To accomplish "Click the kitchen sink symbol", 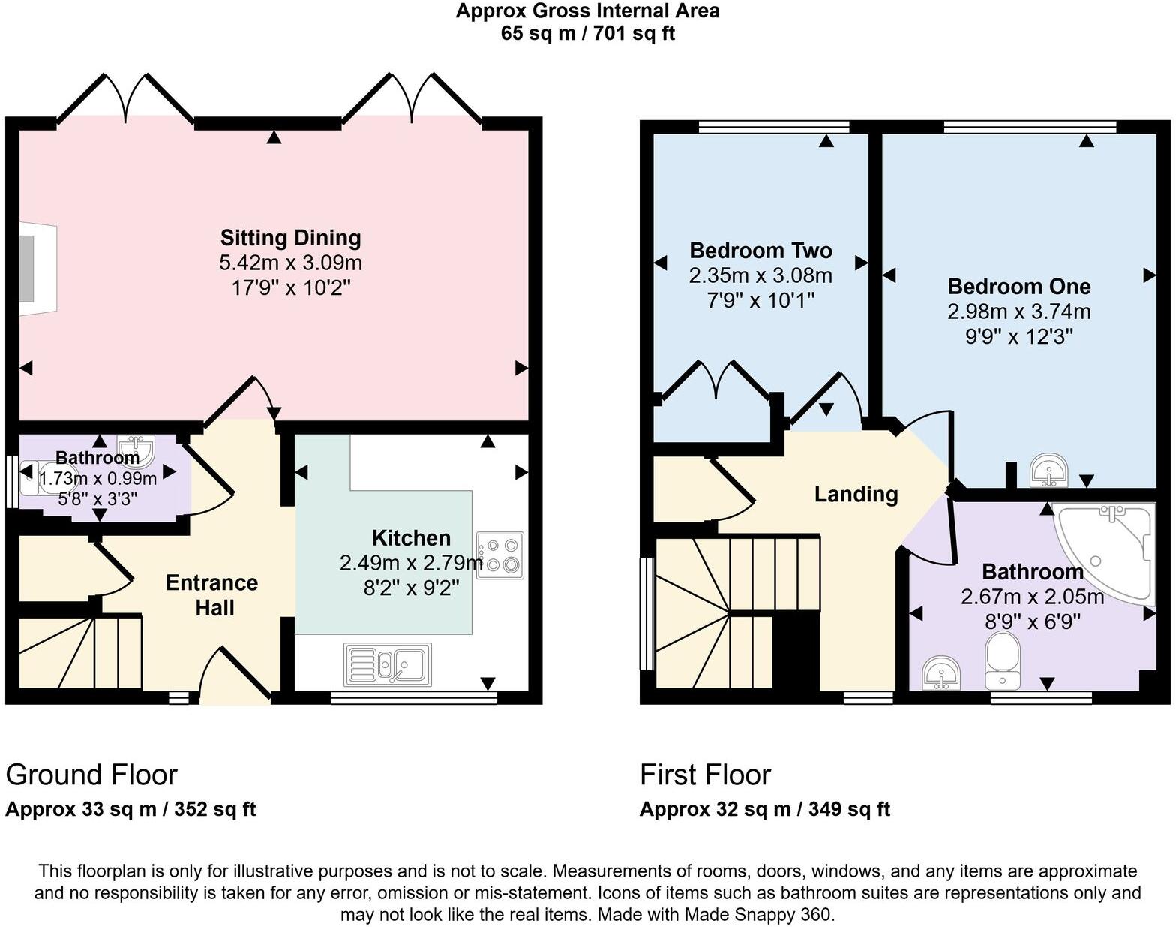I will tap(388, 664).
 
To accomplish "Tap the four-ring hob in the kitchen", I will tap(499, 555).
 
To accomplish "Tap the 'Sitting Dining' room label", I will tap(290, 238).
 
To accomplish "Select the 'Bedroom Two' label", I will tap(760, 251).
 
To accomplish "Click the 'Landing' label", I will tap(856, 495).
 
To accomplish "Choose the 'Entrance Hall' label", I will tap(211, 595).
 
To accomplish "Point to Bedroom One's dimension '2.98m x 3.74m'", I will tap(1018, 312).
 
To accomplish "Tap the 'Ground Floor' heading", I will tap(91, 775).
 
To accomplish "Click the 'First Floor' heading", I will tap(705, 775).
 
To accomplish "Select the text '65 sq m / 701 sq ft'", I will tap(588, 34).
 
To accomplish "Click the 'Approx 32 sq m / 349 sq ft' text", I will tap(764, 810).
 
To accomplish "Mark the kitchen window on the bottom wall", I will tap(414, 698).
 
